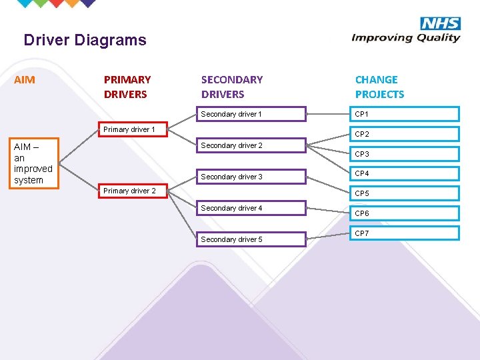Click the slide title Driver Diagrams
tap(85, 40)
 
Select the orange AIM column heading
tap(25, 80)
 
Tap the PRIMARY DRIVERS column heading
tap(127, 87)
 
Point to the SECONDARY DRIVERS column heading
tap(232, 87)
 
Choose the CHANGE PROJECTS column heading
tap(379, 87)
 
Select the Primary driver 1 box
tap(133, 129)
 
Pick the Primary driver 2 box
tap(133, 191)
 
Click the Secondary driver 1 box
tap(251, 114)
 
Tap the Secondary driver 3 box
tap(251, 177)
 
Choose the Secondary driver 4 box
tap(251, 208)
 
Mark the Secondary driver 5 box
tap(251, 239)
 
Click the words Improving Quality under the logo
tap(405, 37)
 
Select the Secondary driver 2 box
tap(251, 145)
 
